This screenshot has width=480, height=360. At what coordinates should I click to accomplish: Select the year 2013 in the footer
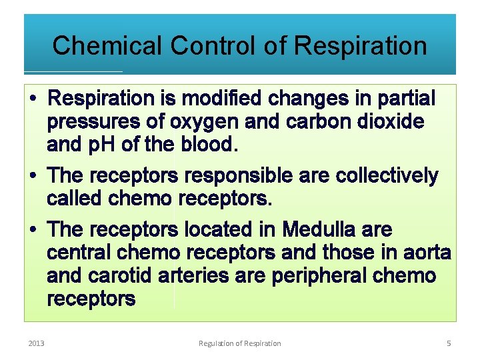36,343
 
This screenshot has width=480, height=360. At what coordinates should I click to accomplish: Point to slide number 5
449,343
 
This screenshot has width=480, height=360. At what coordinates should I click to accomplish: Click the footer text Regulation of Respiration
240,343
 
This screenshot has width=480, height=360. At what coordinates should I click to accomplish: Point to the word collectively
387,176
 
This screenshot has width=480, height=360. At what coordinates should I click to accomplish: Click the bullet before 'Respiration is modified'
33,99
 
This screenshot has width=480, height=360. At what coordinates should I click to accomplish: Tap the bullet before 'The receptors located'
33,231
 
